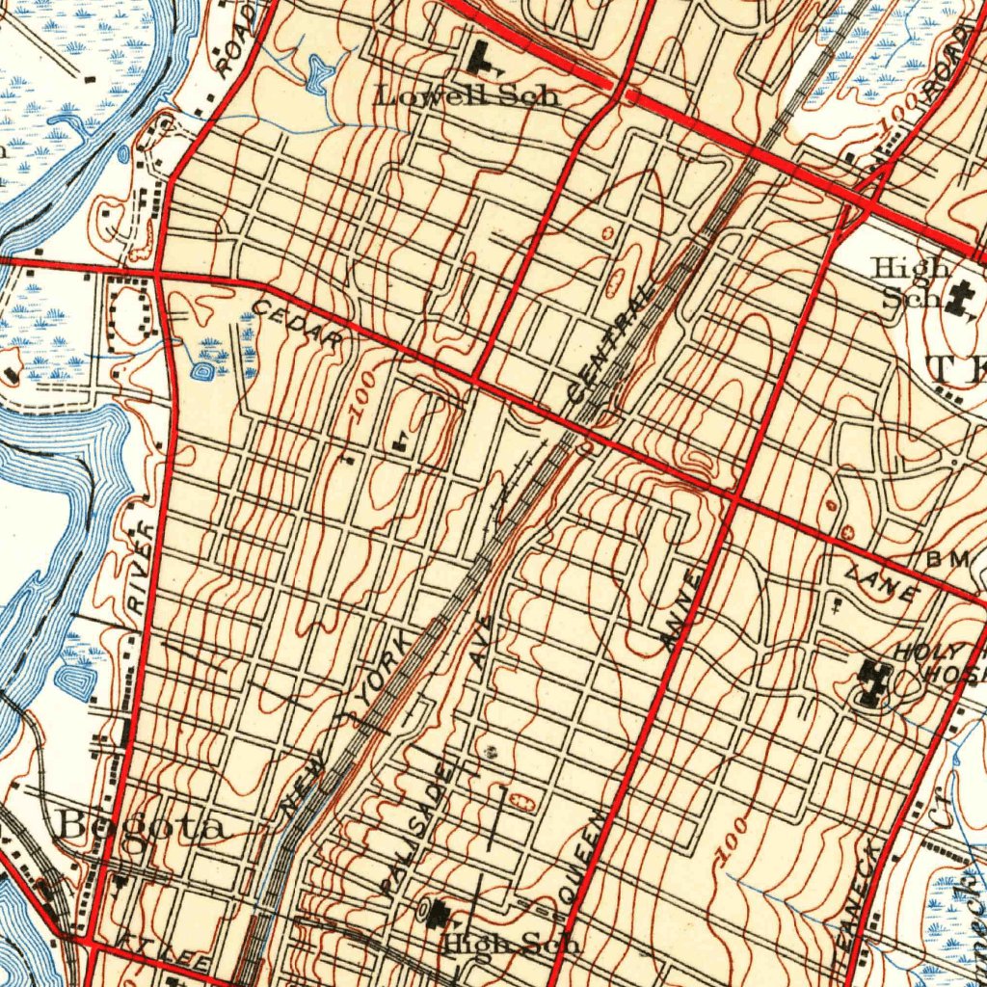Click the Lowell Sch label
click(467, 96)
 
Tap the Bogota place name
click(144, 825)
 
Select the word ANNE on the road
click(681, 609)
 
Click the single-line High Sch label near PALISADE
click(511, 945)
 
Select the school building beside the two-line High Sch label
click(959, 298)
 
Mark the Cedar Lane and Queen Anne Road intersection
click(734, 498)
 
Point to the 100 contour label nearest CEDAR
click(361, 392)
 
